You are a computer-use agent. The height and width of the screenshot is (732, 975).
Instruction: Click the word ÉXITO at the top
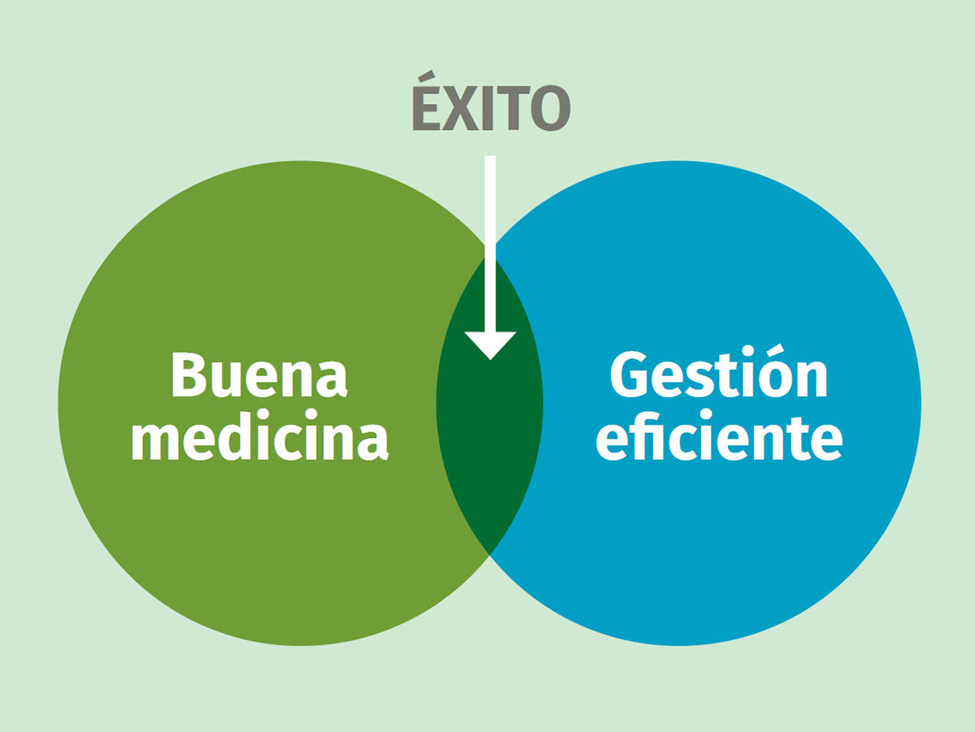(492, 101)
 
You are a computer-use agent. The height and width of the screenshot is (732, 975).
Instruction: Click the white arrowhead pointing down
(491, 345)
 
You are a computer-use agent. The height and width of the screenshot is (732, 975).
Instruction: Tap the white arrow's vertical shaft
(490, 244)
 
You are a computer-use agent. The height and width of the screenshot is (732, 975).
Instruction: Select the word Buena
(259, 375)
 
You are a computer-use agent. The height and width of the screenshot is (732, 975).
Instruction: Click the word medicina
(260, 435)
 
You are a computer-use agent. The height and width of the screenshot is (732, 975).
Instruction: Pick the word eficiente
(719, 435)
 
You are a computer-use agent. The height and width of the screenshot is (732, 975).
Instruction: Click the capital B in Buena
(188, 375)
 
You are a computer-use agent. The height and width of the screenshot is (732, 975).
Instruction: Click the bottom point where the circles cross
(489, 554)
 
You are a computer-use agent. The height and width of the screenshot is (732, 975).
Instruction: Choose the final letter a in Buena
(331, 381)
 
